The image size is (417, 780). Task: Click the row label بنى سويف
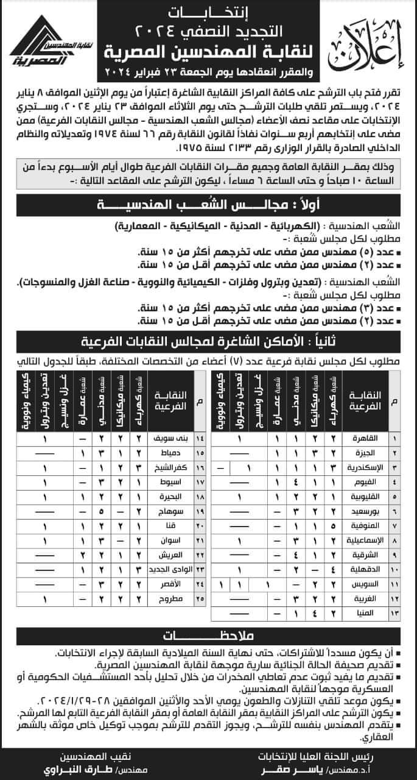click(x=170, y=439)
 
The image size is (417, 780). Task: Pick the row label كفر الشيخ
click(x=169, y=468)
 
